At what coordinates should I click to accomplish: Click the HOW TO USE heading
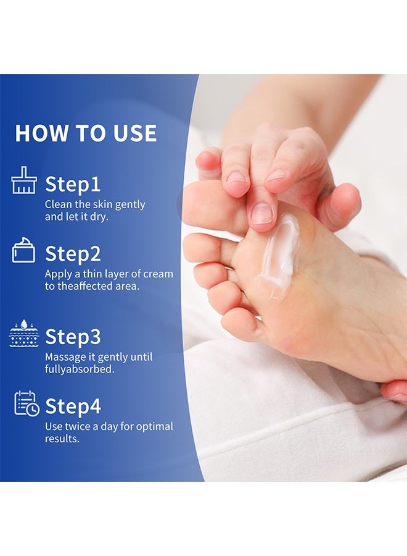click(86, 133)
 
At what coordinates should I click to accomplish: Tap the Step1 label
click(72, 184)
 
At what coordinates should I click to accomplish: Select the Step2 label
click(73, 254)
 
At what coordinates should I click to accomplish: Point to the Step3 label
click(73, 337)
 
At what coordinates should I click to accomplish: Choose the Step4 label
click(73, 406)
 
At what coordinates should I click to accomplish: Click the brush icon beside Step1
click(24, 180)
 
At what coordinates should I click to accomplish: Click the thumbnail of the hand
click(261, 214)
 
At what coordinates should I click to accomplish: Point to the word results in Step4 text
click(62, 439)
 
